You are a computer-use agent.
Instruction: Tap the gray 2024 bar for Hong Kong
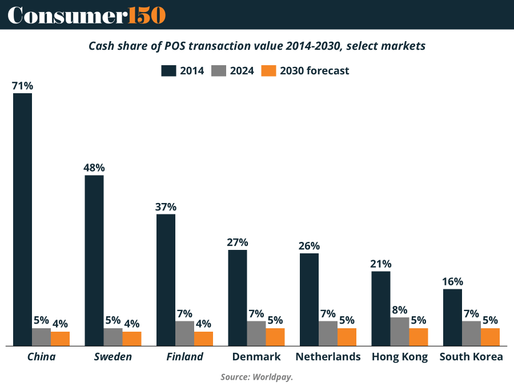coord(400,332)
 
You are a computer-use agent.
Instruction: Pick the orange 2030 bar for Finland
coord(203,339)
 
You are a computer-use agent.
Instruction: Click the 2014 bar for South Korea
coord(453,317)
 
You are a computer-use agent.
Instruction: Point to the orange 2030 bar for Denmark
coord(275,337)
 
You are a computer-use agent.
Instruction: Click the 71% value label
coord(22,86)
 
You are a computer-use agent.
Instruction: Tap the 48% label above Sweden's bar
coord(94,168)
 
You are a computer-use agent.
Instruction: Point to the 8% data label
coord(400,310)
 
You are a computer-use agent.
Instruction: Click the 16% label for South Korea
coord(453,282)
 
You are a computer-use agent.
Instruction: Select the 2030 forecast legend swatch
coord(269,71)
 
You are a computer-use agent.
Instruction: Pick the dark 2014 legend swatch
coord(168,71)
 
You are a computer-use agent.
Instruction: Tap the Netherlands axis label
coord(328,357)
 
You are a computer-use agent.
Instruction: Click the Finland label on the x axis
coord(184,357)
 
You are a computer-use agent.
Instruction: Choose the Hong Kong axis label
coord(400,357)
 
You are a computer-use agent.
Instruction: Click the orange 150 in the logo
coord(147,15)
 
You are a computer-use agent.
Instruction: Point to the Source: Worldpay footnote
coord(257,377)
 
